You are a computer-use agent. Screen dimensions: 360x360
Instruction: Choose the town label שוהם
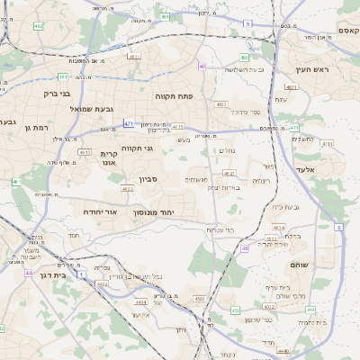300,265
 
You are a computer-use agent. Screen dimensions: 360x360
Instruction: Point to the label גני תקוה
136,148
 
